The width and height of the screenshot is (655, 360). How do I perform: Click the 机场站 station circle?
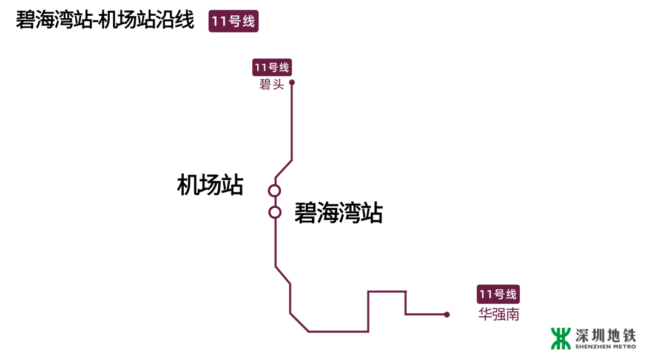(x=275, y=191)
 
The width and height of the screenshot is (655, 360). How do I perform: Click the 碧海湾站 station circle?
(x=275, y=212)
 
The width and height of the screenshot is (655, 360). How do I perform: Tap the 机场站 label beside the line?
(x=210, y=185)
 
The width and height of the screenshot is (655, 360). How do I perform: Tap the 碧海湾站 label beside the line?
(x=338, y=213)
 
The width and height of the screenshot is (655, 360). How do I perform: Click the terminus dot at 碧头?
(x=292, y=82)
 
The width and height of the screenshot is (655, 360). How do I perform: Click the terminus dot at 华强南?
(x=446, y=315)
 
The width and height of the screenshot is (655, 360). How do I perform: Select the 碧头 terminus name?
(x=272, y=85)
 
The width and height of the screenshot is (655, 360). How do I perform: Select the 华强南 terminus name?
(x=499, y=315)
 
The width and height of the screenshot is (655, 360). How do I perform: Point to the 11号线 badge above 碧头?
(x=272, y=67)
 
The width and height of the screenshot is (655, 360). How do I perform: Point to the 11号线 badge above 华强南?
(x=499, y=295)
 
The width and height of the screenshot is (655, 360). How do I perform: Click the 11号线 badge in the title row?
(x=233, y=22)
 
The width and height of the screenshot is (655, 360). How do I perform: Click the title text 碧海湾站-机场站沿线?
(x=105, y=20)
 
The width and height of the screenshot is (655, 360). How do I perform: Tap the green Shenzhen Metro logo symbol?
(x=561, y=338)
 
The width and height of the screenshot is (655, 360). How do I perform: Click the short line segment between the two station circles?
(x=275, y=201)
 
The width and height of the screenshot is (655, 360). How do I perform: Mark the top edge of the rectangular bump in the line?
(x=387, y=292)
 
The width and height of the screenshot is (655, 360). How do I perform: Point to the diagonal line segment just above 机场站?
(x=284, y=169)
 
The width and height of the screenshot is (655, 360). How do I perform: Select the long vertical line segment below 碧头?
(x=292, y=121)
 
